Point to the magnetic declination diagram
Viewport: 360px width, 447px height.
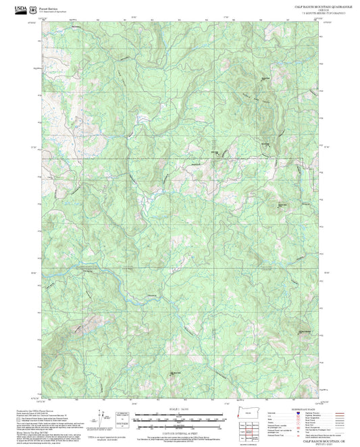(101, 419)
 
